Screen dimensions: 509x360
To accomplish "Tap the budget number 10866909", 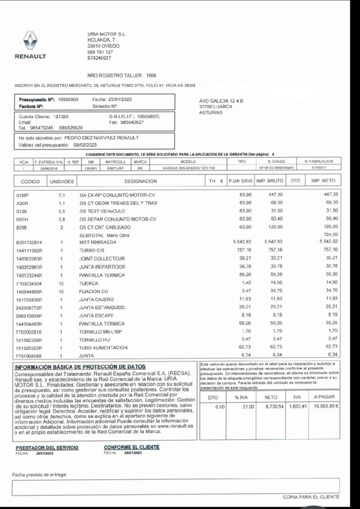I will (x=68, y=100).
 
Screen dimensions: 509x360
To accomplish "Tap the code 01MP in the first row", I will (x=22, y=194).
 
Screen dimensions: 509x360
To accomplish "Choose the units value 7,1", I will (x=62, y=194).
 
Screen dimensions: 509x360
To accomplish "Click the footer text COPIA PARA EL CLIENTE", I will (x=311, y=496).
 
